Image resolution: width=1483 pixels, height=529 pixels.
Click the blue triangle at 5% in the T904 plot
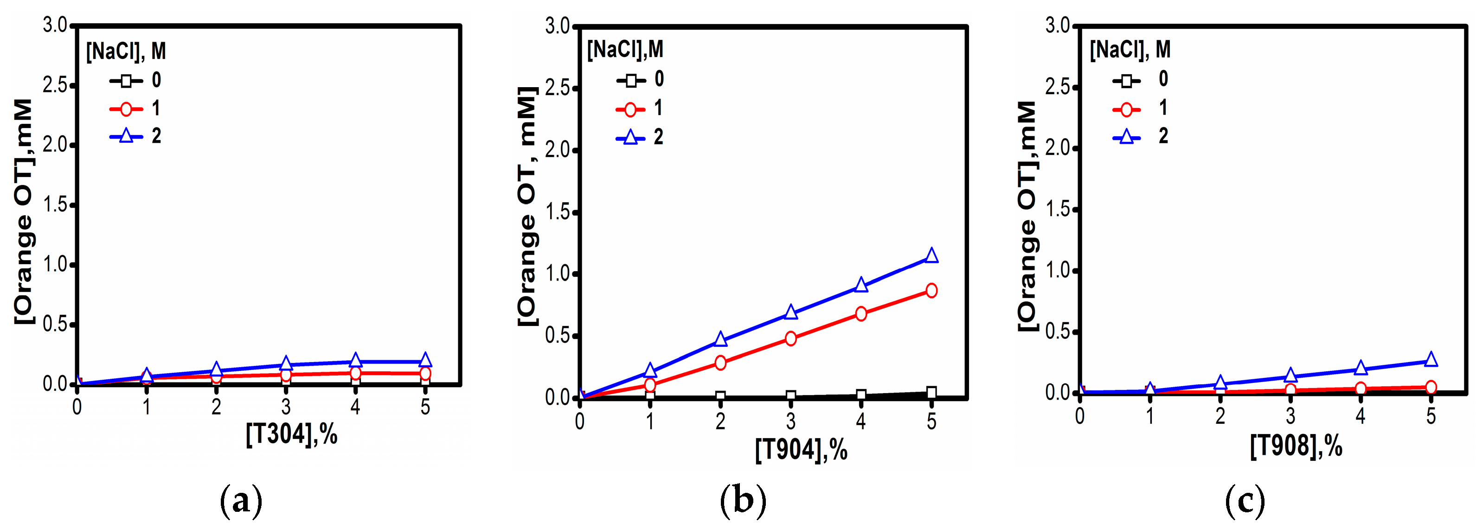(x=931, y=255)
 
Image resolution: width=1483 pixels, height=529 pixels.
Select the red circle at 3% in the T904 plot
(x=790, y=338)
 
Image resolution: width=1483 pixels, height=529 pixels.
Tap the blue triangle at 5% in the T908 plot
(x=1431, y=360)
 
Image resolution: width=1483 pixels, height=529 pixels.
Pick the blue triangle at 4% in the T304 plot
(x=355, y=361)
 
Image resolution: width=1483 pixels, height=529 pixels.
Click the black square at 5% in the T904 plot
(x=931, y=393)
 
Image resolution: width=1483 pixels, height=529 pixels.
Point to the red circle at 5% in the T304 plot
(x=425, y=374)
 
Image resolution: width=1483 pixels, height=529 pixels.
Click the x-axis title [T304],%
(x=291, y=433)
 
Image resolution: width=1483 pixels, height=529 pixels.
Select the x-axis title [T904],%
(x=801, y=449)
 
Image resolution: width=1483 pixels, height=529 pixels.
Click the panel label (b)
(x=743, y=500)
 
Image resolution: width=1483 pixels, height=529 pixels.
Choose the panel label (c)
(x=1245, y=500)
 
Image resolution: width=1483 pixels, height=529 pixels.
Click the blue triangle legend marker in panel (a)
(x=126, y=136)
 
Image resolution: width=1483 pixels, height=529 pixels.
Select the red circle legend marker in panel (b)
(x=630, y=109)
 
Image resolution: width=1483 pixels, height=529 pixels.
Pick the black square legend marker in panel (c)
(x=1127, y=81)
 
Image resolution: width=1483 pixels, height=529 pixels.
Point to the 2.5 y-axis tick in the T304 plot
(x=55, y=85)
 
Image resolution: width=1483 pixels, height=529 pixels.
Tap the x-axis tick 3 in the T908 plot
(x=1290, y=415)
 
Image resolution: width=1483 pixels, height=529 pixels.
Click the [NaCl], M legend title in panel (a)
(x=126, y=51)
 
